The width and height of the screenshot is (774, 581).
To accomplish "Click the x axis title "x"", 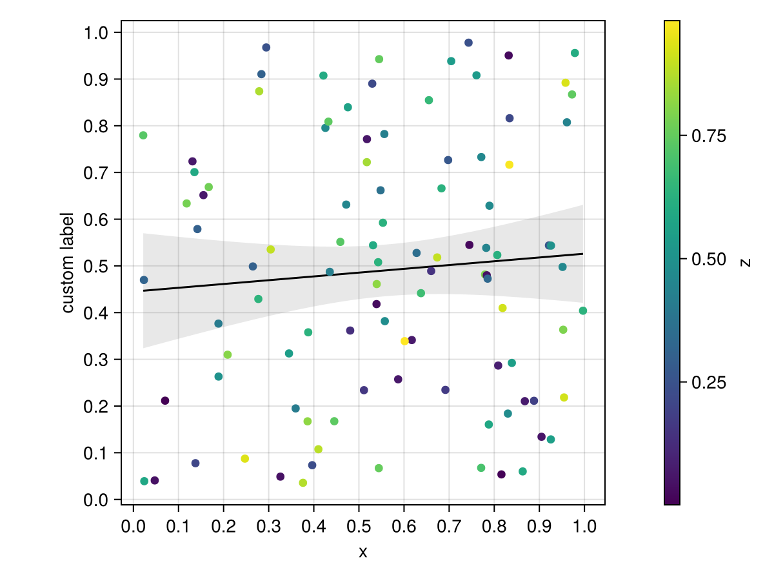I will click(x=363, y=552).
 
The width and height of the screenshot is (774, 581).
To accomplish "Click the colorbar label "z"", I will click(x=746, y=262).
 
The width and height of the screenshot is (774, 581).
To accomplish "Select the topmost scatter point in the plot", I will click(x=468, y=43).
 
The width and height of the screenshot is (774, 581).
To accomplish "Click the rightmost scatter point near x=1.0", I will click(x=583, y=311).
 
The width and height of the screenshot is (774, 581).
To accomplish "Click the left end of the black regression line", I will click(x=143, y=290).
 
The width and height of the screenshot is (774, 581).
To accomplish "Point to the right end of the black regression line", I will click(x=583, y=254).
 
